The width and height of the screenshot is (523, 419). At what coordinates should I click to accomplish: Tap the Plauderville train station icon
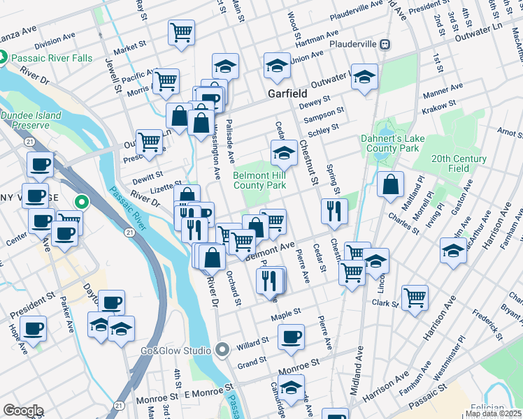point(385,44)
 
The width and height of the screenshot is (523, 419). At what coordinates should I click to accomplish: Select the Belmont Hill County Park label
point(259,181)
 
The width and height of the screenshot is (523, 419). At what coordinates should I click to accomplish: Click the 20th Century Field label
point(459,163)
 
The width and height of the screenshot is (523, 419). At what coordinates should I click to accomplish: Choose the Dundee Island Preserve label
point(25,120)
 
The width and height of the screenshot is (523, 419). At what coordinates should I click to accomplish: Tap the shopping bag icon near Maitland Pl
point(391,184)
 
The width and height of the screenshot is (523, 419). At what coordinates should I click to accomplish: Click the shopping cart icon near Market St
point(181,32)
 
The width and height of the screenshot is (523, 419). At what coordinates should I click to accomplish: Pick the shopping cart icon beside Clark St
point(415,297)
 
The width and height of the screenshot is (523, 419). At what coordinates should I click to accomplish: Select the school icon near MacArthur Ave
point(453,249)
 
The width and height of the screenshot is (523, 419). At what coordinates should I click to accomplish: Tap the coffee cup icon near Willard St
point(291,337)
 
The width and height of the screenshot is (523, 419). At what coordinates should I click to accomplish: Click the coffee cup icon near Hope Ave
point(33,327)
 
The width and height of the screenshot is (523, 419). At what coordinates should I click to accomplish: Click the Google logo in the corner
point(23,411)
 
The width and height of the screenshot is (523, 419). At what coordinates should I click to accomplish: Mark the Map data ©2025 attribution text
point(493,413)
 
